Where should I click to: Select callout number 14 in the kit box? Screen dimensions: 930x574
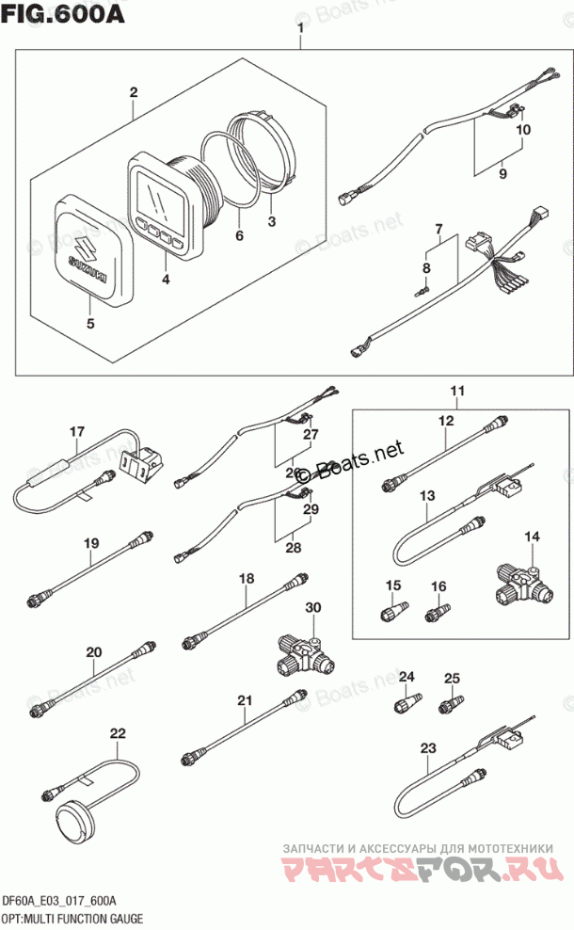[533, 537]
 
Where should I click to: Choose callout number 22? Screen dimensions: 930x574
[117, 732]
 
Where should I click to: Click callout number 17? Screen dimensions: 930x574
[76, 432]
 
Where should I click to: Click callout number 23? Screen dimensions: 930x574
[428, 748]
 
